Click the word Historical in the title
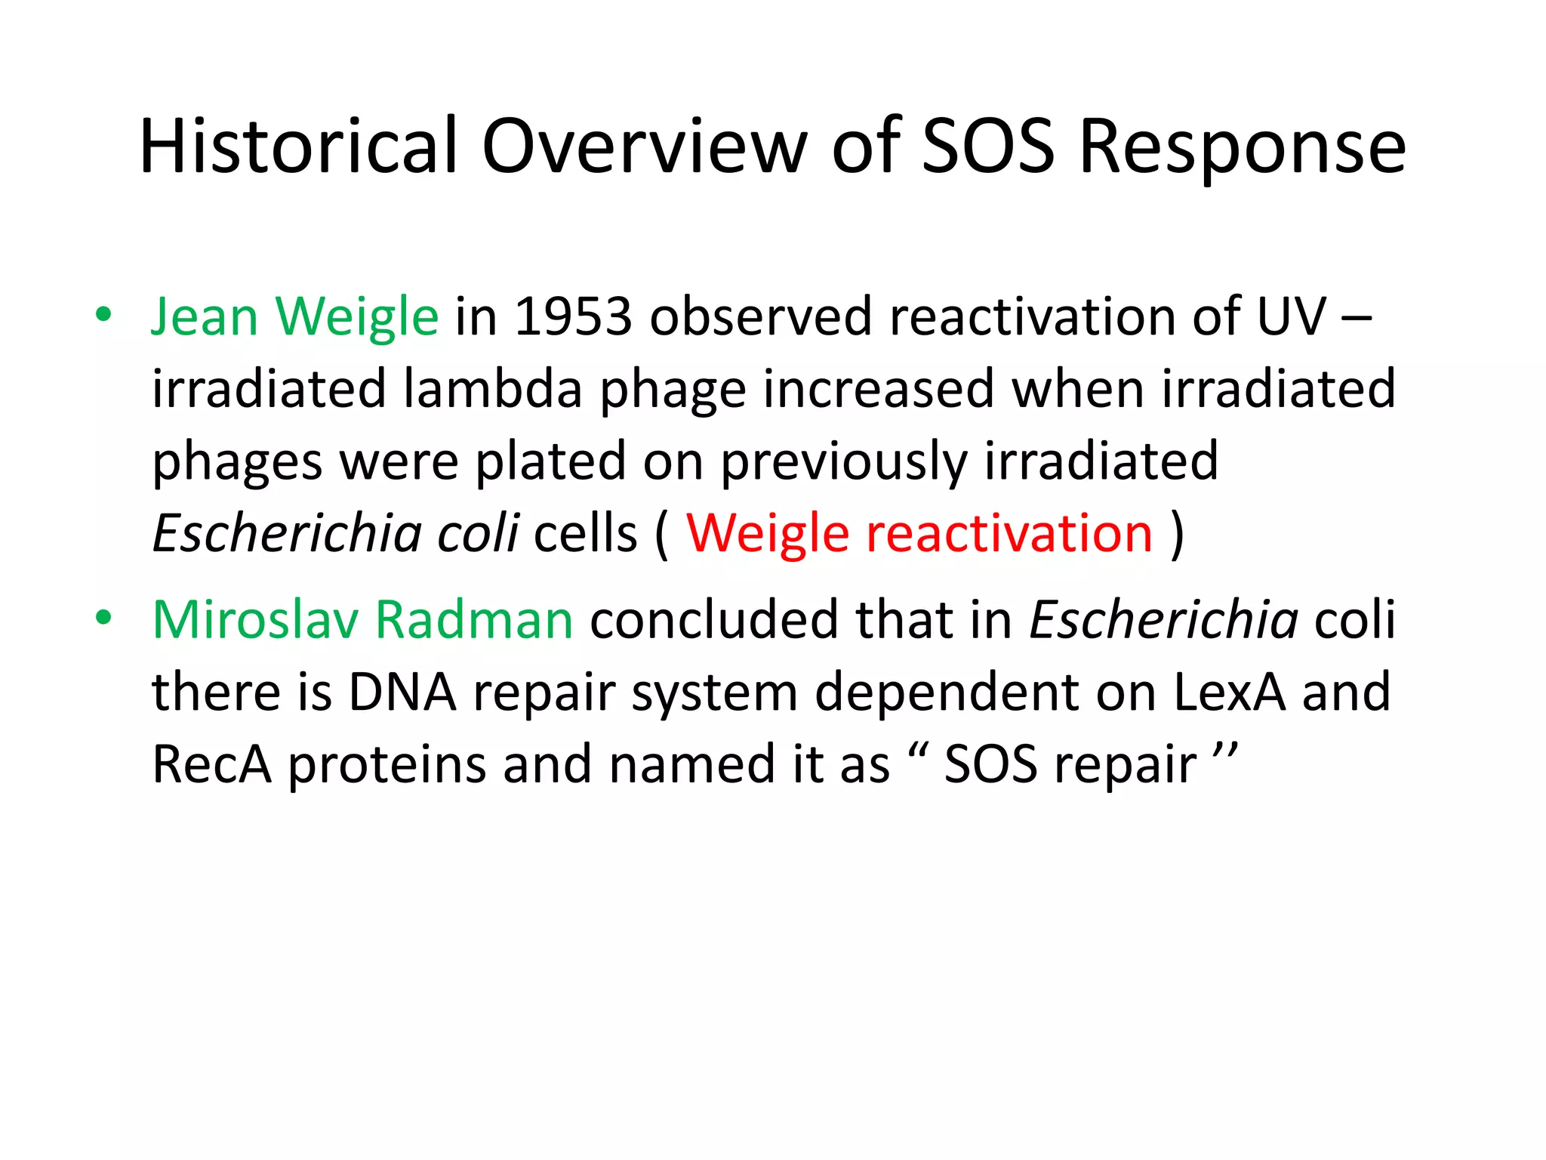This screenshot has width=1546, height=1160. pyautogui.click(x=299, y=147)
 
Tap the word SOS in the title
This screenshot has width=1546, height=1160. pyautogui.click(x=987, y=147)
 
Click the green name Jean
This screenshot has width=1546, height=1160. pyautogui.click(x=205, y=316)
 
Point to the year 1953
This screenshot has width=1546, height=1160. pyautogui.click(x=573, y=316)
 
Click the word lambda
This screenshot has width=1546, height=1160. pyautogui.click(x=492, y=389)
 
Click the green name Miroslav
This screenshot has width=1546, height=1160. pyautogui.click(x=256, y=620)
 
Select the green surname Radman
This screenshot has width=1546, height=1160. pyautogui.click(x=474, y=620)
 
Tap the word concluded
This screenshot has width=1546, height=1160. pyautogui.click(x=713, y=620)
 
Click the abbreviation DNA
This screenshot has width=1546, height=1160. pyautogui.click(x=402, y=692)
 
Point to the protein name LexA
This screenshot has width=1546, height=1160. pyautogui.click(x=1229, y=692)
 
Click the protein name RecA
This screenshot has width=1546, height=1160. pyautogui.click(x=211, y=764)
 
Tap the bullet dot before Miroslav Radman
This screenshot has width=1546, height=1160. pyautogui.click(x=103, y=617)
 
